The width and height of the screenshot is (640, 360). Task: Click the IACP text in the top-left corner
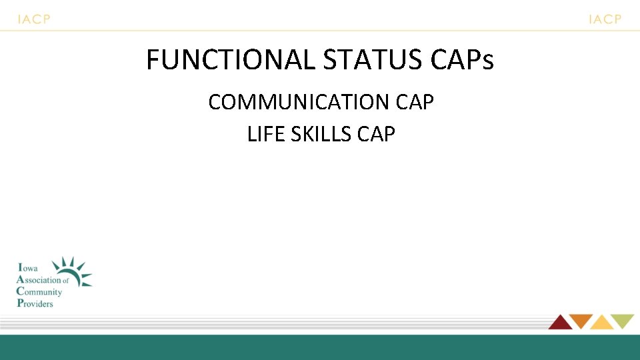tap(34, 19)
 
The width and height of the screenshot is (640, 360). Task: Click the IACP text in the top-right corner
tap(605, 19)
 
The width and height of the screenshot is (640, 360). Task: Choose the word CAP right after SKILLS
tap(377, 134)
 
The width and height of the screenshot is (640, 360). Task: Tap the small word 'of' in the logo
tap(66, 281)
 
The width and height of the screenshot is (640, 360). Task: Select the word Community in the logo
tap(39, 292)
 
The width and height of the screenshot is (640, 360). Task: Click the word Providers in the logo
tap(35, 303)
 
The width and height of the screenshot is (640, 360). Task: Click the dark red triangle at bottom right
tap(561, 323)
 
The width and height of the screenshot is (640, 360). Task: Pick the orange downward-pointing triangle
tap(581, 321)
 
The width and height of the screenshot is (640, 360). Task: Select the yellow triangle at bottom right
tap(601, 323)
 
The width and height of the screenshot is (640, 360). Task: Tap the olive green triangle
tap(623, 321)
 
